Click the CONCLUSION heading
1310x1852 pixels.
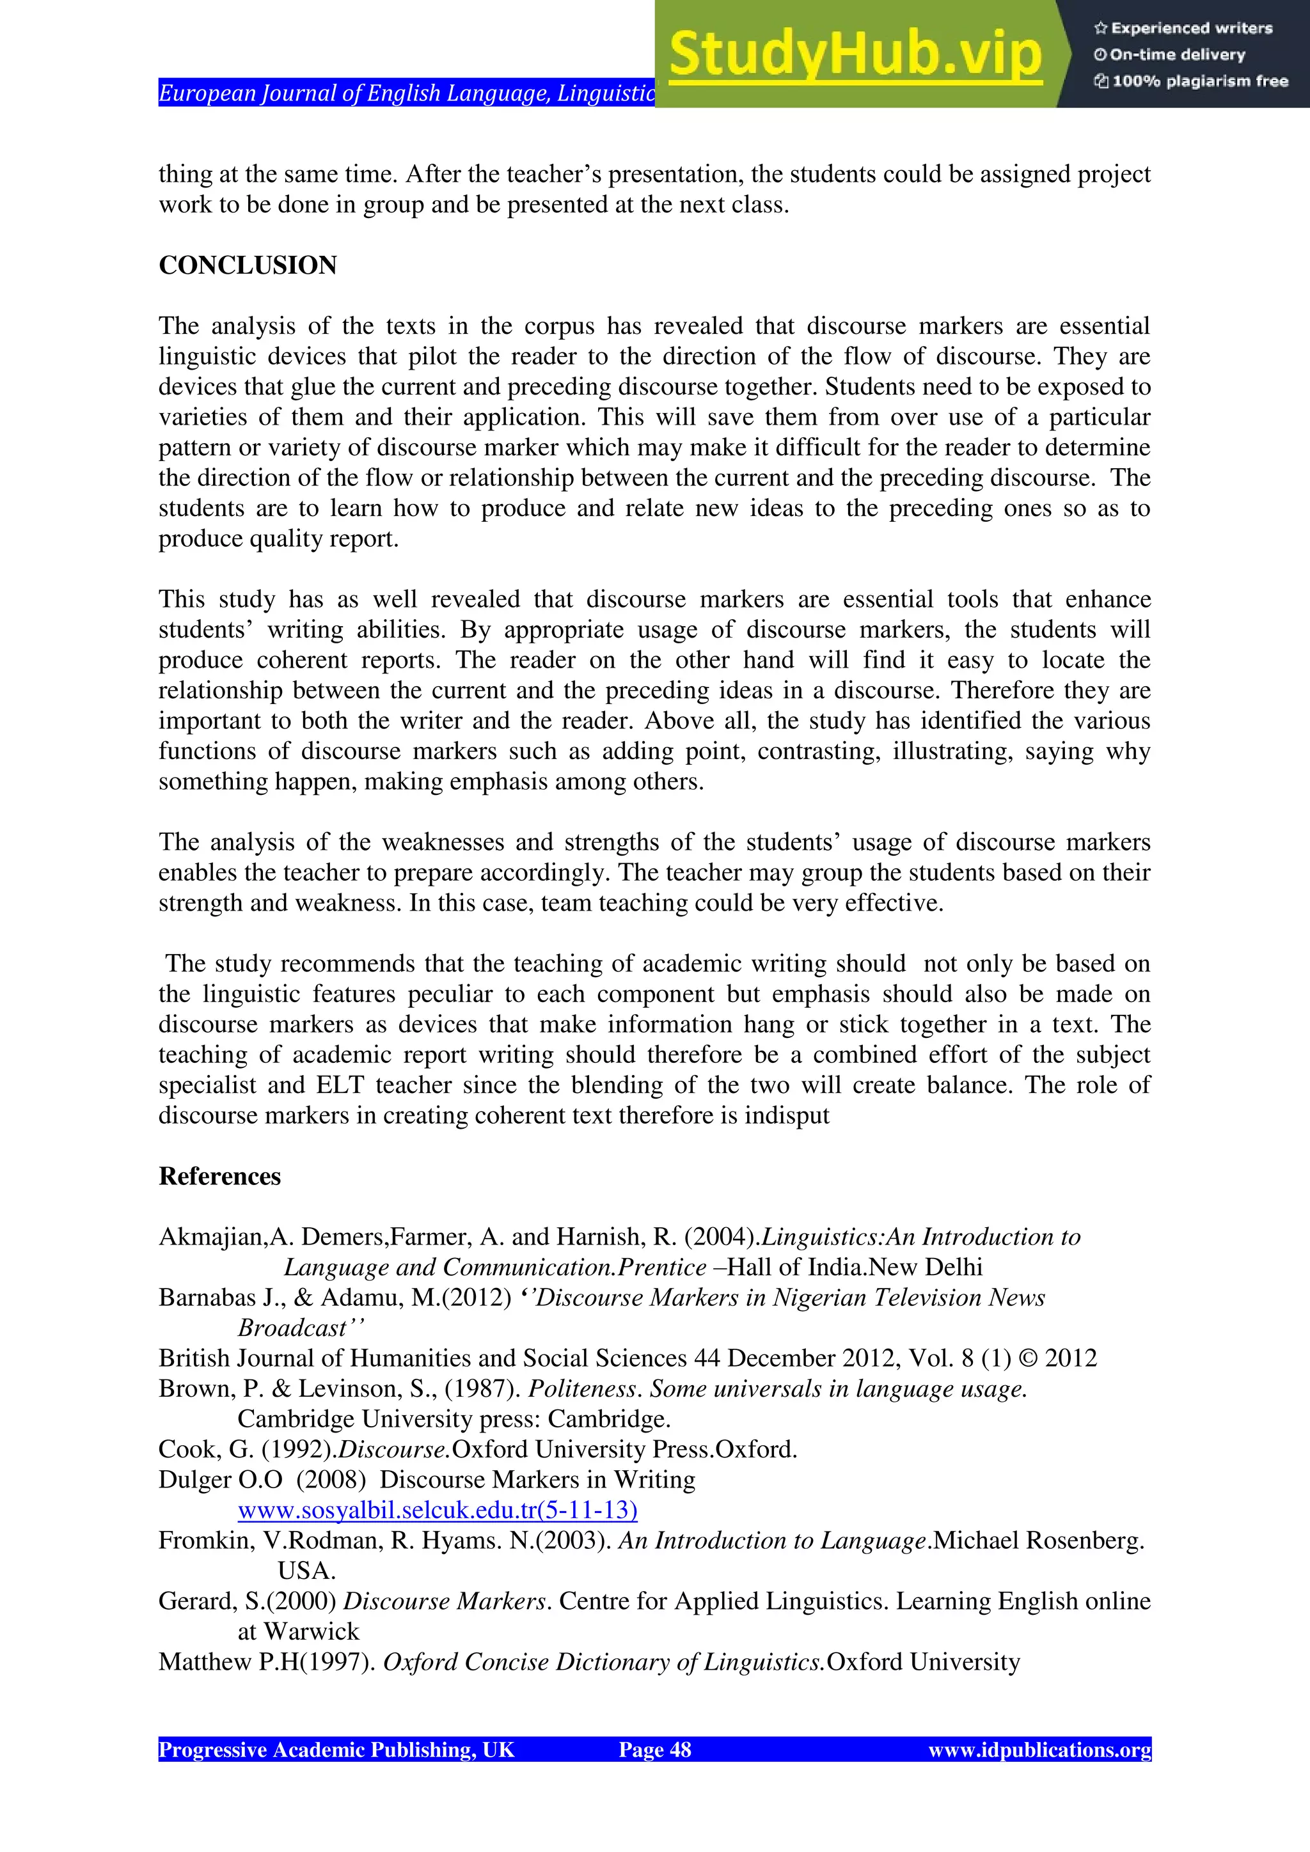[248, 265]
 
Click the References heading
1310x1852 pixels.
[219, 1176]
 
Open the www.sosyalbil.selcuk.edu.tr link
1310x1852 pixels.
[438, 1509]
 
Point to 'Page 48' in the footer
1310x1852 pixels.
[654, 1750]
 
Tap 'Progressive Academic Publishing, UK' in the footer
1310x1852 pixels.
[336, 1750]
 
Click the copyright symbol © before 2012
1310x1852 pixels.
[1028, 1358]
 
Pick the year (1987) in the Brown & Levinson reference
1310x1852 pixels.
[483, 1388]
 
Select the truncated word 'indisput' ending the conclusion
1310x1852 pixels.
[787, 1115]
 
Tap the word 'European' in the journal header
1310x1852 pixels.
[206, 93]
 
